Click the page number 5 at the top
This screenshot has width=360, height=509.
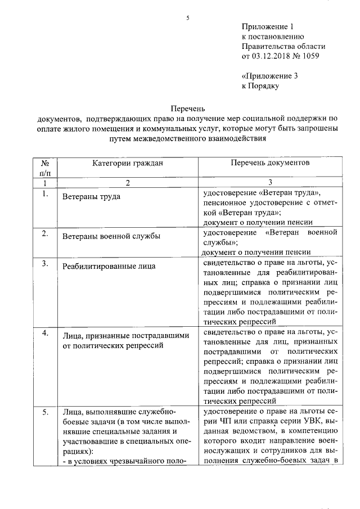[x=188, y=19]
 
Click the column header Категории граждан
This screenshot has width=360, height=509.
[x=128, y=163]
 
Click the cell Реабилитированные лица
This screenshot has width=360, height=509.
[x=109, y=266]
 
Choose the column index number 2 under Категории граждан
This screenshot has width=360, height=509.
[x=128, y=183]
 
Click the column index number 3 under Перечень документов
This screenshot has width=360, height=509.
[x=270, y=183]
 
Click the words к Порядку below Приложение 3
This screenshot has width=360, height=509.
[x=260, y=86]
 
